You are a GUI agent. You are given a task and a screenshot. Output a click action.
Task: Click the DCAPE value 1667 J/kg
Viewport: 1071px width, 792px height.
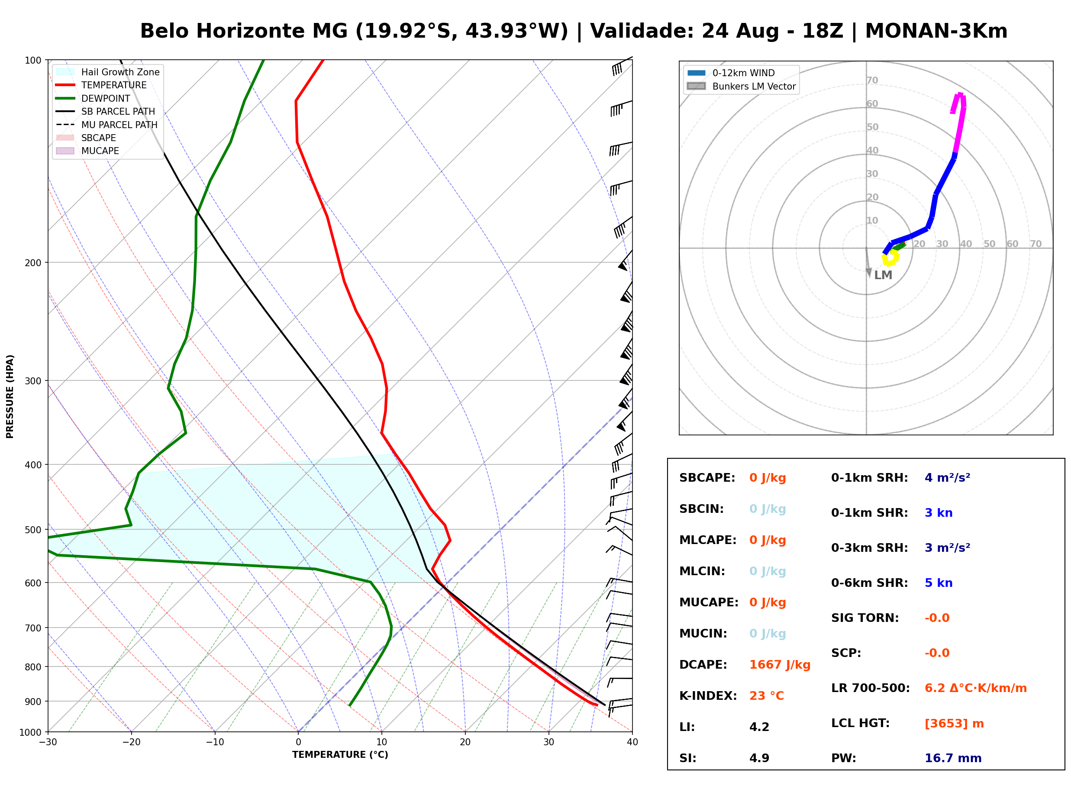click(780, 665)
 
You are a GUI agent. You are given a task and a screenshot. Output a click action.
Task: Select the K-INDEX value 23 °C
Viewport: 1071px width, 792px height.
click(766, 696)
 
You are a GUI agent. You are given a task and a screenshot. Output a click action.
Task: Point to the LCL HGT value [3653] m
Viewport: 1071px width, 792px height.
click(954, 724)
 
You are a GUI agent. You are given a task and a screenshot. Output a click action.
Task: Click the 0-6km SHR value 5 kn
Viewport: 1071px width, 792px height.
click(938, 583)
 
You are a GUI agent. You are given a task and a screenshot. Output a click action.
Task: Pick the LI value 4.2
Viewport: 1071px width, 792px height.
click(759, 727)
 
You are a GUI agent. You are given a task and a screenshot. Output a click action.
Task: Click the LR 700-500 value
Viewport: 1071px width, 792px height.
click(976, 689)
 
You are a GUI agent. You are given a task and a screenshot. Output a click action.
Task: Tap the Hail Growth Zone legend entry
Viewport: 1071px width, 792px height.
click(107, 72)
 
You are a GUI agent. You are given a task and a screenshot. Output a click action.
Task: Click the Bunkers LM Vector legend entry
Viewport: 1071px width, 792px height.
click(741, 86)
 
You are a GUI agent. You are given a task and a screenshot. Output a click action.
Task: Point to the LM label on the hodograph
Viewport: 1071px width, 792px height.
click(883, 275)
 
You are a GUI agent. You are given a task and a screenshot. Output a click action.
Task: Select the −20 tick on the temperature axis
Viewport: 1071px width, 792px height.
click(131, 742)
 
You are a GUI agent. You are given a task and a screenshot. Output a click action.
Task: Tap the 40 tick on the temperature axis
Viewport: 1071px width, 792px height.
click(632, 742)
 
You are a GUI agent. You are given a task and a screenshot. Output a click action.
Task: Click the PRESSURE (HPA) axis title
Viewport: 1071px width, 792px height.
click(10, 396)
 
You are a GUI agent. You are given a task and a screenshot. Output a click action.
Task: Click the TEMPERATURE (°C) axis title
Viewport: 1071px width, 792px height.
click(340, 755)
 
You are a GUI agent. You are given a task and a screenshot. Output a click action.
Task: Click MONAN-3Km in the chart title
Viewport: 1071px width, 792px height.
click(936, 31)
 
